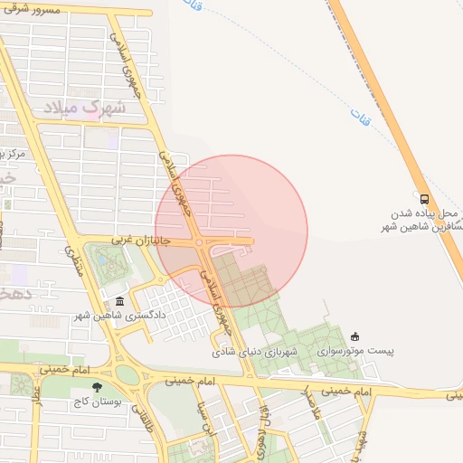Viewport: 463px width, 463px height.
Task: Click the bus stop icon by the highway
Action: coord(424,199)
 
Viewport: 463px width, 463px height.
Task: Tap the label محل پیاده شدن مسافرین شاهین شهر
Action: coord(425,221)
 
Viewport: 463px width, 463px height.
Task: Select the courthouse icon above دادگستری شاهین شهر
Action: coord(119,301)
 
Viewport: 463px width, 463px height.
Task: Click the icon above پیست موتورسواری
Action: coord(354,336)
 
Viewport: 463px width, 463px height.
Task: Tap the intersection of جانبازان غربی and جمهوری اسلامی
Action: coord(201,242)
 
